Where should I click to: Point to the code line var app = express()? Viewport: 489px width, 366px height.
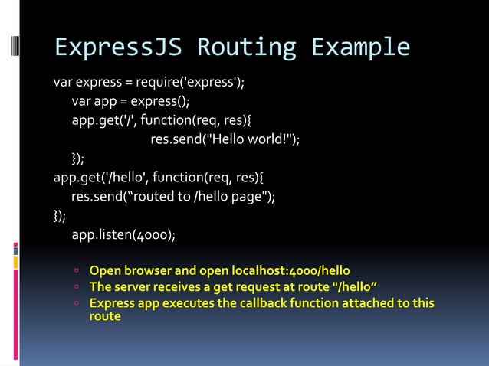point(130,101)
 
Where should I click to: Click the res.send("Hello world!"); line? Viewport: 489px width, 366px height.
point(225,139)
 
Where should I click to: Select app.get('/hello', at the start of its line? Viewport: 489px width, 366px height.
point(100,178)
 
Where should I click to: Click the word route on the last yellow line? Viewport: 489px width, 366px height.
point(105,315)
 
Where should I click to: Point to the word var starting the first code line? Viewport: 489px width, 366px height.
point(63,82)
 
